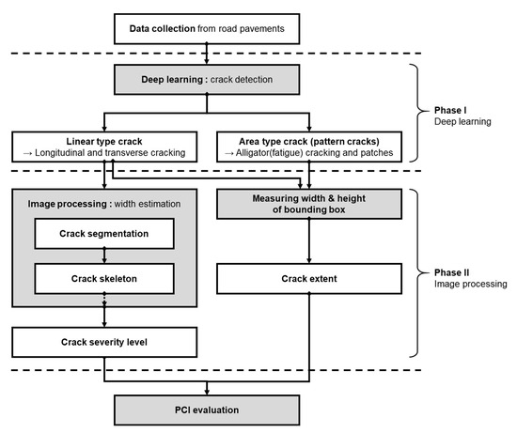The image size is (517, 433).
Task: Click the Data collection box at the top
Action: coord(206,28)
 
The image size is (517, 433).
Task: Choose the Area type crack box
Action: coord(309,145)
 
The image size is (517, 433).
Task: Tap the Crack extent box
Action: coord(309,278)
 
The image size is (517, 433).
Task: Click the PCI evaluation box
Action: coord(206,409)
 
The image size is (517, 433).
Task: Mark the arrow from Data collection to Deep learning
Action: coord(206,55)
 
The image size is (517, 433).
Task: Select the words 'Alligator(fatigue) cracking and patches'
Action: coord(316,152)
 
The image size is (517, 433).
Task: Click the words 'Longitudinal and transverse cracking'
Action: coord(110,152)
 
